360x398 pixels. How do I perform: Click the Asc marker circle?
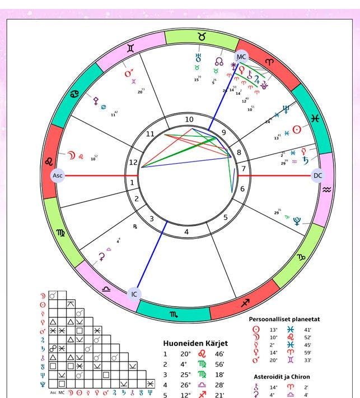pyautogui.click(x=57, y=175)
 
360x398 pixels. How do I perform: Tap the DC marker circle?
pyautogui.click(x=318, y=175)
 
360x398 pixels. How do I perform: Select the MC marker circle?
pyautogui.click(x=241, y=57)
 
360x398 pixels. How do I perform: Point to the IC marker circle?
pyautogui.click(x=134, y=294)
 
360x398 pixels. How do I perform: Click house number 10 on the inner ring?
pyautogui.click(x=189, y=119)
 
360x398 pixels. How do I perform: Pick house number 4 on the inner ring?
pyautogui.click(x=186, y=232)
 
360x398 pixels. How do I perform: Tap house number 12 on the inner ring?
pyautogui.click(x=133, y=163)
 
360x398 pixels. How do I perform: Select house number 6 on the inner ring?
pyautogui.click(x=242, y=189)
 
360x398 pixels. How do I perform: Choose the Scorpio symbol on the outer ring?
pyautogui.click(x=175, y=315)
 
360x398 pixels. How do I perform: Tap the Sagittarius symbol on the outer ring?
pyautogui.click(x=245, y=303)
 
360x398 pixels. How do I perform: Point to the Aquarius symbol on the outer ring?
pyautogui.click(x=327, y=189)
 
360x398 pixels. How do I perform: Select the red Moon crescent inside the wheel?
pyautogui.click(x=71, y=155)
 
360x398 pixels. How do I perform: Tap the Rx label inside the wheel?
pyautogui.click(x=135, y=226)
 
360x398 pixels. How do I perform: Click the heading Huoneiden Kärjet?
pyautogui.click(x=195, y=343)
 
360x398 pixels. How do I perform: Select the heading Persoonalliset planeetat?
pyautogui.click(x=285, y=319)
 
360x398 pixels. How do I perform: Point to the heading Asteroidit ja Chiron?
pyautogui.click(x=282, y=377)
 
